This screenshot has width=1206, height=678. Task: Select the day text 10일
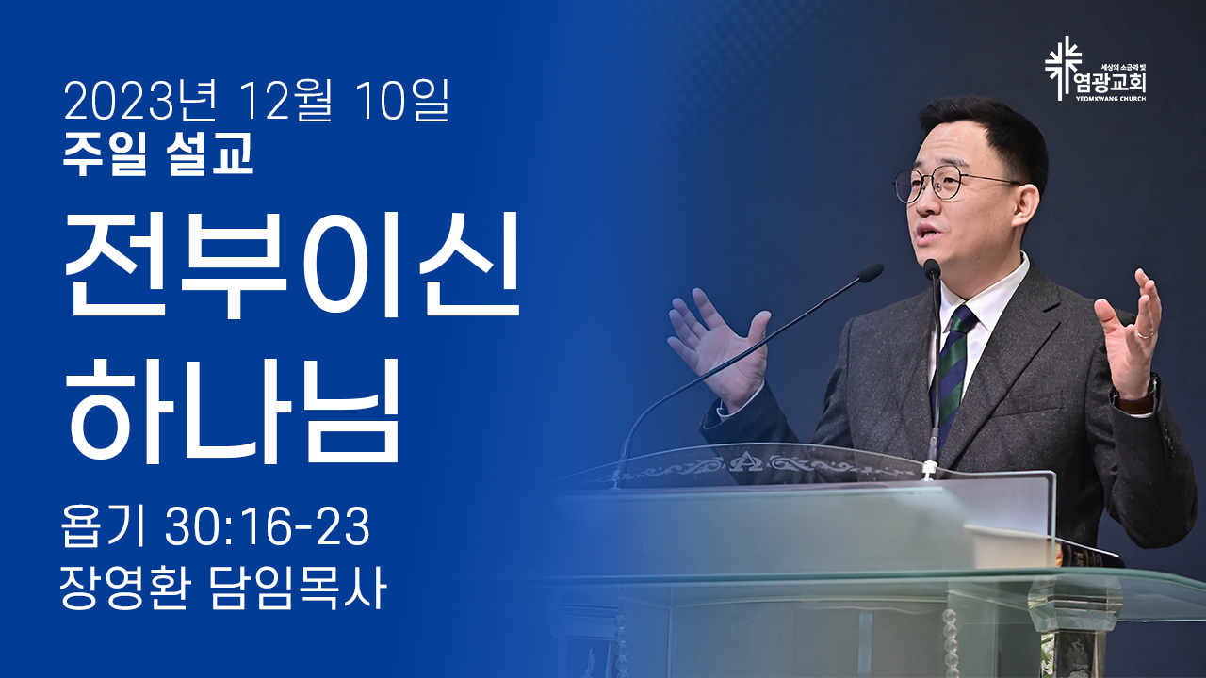401,101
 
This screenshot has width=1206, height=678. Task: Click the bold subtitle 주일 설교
157,154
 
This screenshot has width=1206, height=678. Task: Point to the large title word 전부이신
292,265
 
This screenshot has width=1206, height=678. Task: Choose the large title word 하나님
232,410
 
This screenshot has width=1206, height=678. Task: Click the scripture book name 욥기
104,526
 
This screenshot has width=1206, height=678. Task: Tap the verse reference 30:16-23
268,526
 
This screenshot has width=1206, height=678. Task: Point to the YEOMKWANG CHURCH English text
1111,99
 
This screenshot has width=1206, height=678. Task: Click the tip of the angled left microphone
870,273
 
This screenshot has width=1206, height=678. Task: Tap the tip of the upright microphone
932,268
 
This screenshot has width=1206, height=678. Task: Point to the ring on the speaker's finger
1145,333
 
